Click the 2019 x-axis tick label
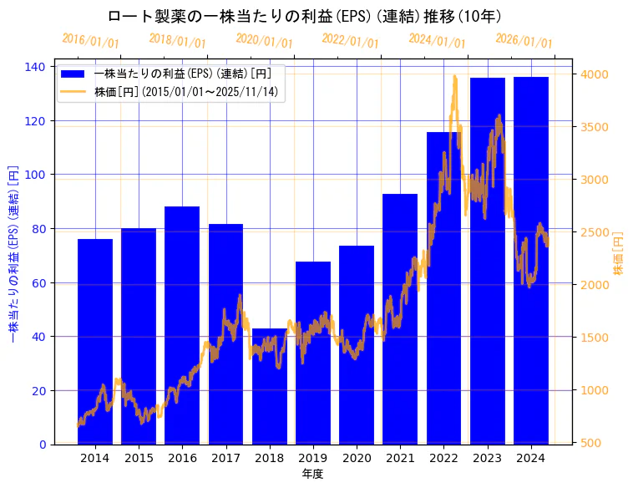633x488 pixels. (x=313, y=458)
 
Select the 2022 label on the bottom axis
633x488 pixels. (x=444, y=458)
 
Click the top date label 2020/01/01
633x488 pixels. (x=265, y=41)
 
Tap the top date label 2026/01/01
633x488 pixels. (x=524, y=41)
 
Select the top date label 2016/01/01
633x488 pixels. (x=91, y=41)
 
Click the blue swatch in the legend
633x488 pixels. (x=74, y=74)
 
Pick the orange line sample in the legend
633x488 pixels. (x=74, y=92)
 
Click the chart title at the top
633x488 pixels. (x=305, y=17)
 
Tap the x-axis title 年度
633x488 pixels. (x=312, y=474)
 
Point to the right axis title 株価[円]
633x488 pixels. (x=619, y=253)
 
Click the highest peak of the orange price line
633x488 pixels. (x=455, y=76)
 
